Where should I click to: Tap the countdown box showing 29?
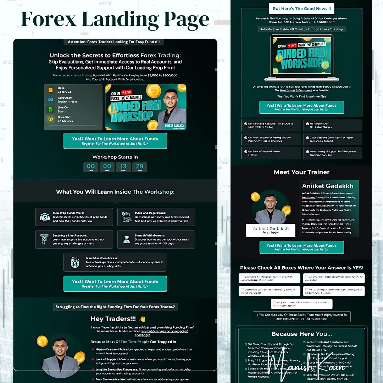139,167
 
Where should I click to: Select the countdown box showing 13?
123,167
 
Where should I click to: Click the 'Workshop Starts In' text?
115,157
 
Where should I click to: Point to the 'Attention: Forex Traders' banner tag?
114,42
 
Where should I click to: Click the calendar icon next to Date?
51,90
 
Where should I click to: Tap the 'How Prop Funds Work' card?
74,217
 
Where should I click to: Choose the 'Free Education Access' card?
115,262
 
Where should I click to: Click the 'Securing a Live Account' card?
74,239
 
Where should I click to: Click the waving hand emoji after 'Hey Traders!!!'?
143,319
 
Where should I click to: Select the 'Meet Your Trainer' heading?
301,172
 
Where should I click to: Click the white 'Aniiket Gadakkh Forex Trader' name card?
270,230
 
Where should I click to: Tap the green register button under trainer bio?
301,247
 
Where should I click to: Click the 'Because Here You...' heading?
301,334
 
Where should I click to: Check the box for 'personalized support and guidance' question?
306,290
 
